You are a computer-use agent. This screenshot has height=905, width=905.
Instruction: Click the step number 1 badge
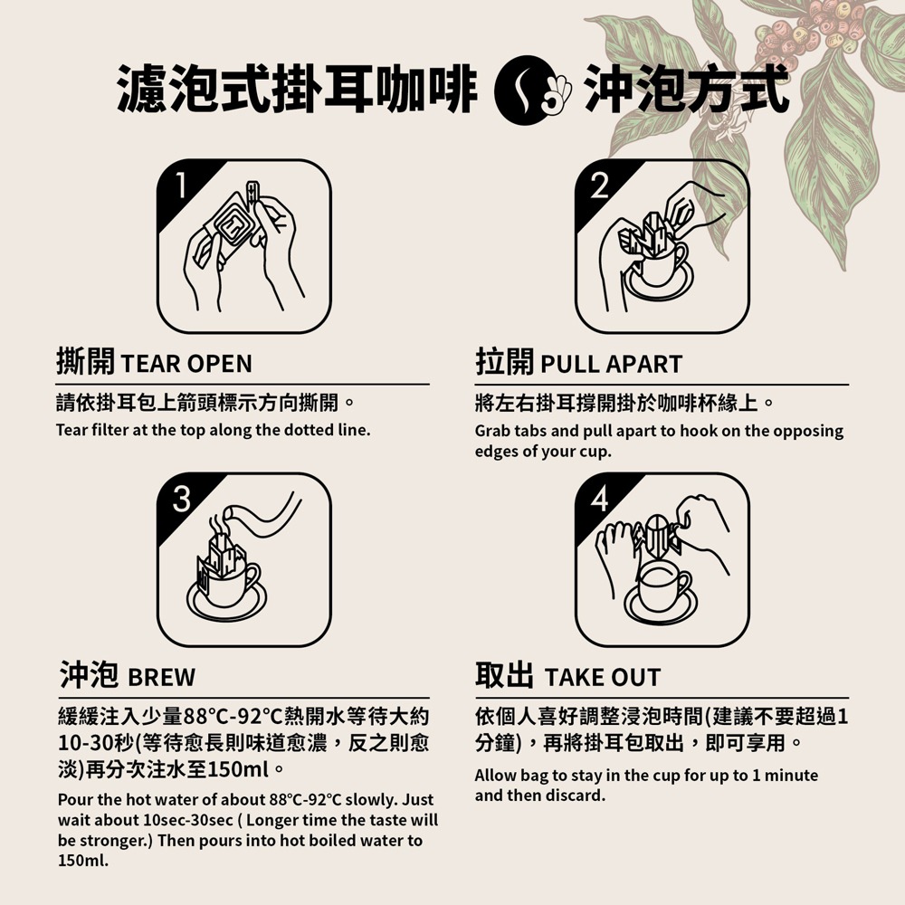(x=182, y=186)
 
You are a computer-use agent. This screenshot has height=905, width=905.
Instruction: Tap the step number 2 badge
(x=599, y=186)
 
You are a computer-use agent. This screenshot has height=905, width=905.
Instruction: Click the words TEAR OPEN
(x=186, y=364)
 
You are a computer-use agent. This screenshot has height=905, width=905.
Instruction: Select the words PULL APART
(x=611, y=364)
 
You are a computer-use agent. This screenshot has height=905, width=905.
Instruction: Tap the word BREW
(x=161, y=677)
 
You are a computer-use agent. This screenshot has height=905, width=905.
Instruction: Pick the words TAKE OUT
(x=603, y=677)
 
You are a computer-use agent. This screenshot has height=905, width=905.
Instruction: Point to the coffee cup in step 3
(x=229, y=588)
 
